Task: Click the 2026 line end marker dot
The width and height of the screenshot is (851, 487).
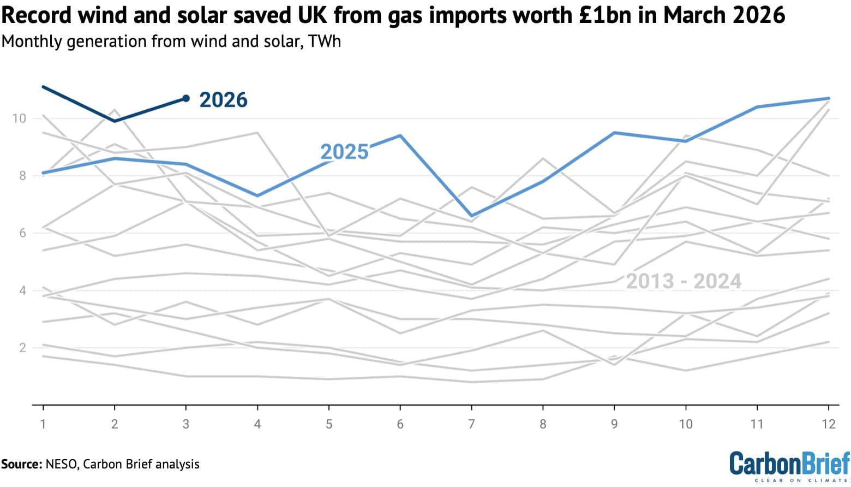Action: coord(186,98)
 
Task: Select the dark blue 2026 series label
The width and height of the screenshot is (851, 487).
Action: coord(223,100)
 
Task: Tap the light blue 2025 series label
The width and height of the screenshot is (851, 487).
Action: coord(344,152)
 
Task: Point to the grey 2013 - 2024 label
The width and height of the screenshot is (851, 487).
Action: coord(683,282)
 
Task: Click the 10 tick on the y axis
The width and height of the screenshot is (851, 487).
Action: coord(19,118)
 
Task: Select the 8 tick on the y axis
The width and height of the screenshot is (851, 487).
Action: coord(22,176)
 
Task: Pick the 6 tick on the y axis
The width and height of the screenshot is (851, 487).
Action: coord(22,233)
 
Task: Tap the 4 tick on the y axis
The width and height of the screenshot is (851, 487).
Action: coord(22,290)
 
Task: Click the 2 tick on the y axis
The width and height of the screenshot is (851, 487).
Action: coord(22,348)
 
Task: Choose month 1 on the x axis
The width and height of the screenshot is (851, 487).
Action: coord(43,424)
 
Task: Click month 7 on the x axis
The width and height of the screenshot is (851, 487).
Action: coord(471,424)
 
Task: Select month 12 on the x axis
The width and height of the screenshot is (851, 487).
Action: coord(828,424)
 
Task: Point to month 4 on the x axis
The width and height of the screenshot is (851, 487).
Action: coord(257,424)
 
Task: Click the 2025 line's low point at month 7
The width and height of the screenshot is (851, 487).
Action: coord(471,216)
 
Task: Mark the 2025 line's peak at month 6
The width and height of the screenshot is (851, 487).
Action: coord(400,135)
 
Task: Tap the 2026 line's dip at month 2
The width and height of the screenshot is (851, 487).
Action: coord(115,121)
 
